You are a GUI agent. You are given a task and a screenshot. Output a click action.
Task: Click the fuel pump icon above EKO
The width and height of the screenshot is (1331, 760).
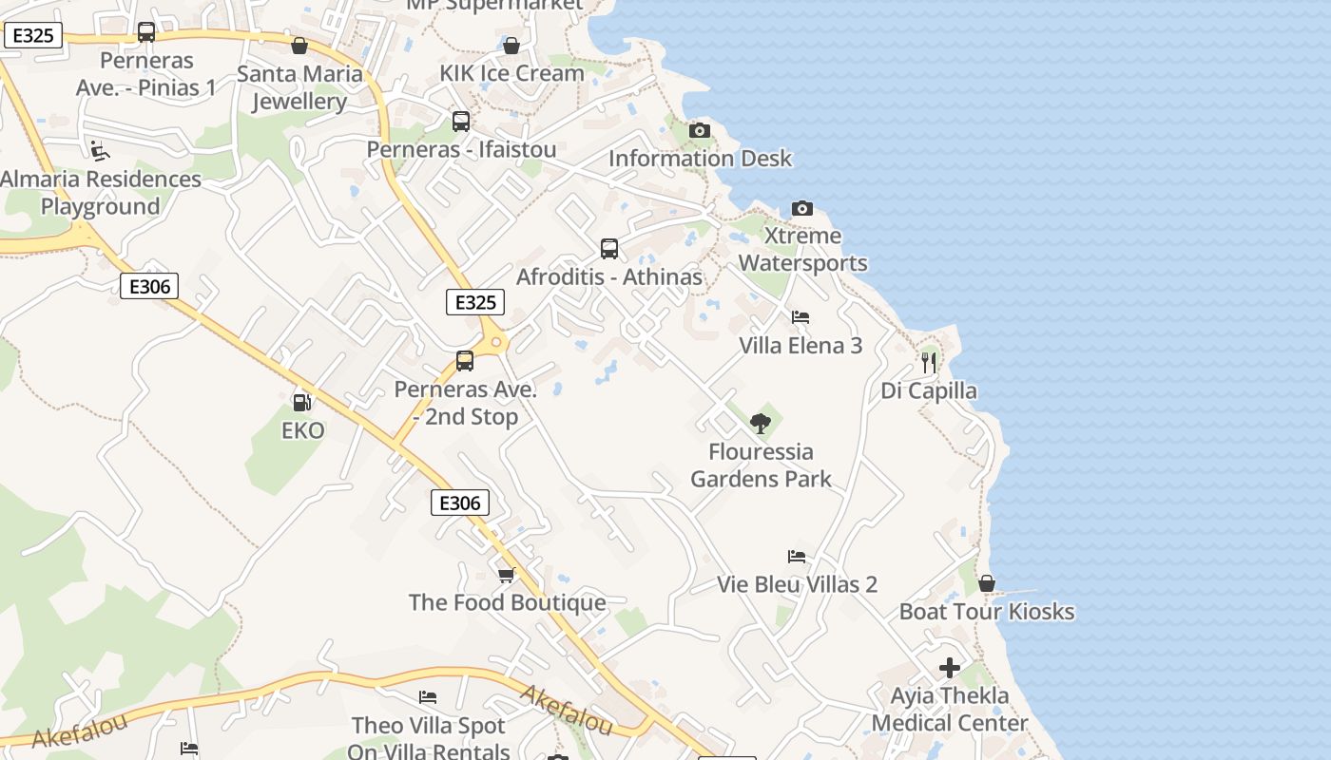click(301, 403)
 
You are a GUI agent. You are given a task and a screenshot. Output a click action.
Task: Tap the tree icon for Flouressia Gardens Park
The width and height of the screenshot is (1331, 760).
click(760, 424)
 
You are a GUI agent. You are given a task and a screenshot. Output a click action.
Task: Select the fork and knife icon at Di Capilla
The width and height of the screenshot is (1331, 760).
click(929, 362)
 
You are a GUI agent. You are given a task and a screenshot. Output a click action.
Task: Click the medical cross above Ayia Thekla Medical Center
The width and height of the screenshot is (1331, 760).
click(949, 668)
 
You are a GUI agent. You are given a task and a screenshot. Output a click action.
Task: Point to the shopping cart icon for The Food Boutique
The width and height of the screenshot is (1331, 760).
click(507, 575)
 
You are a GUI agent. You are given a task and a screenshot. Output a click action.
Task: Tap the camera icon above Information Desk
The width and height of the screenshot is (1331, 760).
click(700, 130)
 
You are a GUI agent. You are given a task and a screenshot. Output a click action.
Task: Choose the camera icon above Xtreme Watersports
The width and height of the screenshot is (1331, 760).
click(802, 208)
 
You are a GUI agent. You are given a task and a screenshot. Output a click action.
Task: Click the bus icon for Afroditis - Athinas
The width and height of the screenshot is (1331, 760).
click(609, 249)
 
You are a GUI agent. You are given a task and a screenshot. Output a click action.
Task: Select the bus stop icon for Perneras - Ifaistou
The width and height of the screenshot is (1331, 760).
click(461, 122)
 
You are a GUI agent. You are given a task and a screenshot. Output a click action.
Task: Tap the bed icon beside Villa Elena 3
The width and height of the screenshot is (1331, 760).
click(801, 317)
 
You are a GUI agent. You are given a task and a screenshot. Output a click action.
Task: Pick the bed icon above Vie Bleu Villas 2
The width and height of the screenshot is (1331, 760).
click(797, 557)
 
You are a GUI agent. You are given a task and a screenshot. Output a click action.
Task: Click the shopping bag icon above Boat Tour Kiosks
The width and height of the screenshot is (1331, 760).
click(987, 583)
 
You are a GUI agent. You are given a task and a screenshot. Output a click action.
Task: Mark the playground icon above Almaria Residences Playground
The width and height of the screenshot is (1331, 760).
click(99, 150)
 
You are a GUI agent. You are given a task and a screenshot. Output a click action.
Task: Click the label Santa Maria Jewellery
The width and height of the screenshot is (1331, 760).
click(299, 87)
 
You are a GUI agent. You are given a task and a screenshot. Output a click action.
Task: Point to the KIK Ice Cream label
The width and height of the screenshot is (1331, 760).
click(511, 73)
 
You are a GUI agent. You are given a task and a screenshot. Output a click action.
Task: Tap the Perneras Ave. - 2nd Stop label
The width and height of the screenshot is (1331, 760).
click(466, 403)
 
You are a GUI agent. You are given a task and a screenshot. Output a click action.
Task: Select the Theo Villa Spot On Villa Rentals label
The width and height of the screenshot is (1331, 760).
click(428, 738)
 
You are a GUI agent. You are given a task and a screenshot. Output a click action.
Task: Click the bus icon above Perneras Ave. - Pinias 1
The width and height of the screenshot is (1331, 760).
click(146, 32)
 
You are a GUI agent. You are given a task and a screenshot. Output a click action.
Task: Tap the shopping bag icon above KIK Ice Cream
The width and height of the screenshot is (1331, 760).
click(511, 46)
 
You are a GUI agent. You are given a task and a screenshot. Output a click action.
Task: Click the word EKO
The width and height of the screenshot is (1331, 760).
click(303, 430)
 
